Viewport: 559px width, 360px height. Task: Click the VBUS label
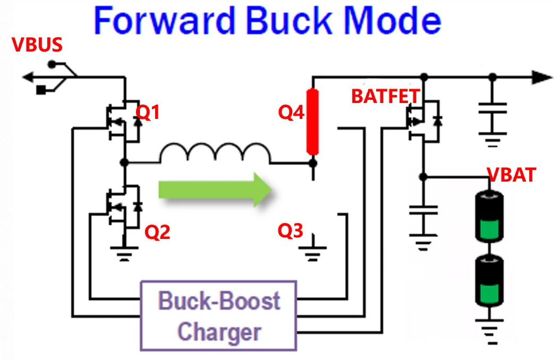[x=37, y=45]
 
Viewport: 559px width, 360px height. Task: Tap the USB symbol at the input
[x=50, y=78]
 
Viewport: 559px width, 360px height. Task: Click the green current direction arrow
[x=215, y=189]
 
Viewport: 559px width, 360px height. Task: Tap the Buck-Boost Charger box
[x=219, y=316]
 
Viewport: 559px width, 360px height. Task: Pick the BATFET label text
[x=386, y=96]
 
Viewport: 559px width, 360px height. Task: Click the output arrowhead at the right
[x=542, y=78]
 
